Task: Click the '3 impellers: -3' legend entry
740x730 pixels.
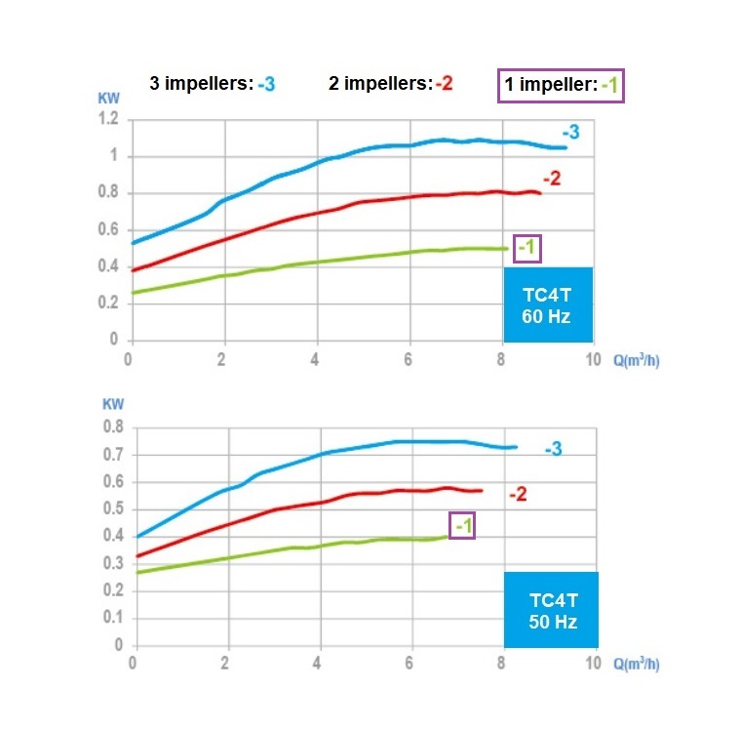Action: [212, 84]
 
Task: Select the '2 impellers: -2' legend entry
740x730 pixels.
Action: [390, 84]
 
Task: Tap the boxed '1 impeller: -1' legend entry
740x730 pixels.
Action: [560, 85]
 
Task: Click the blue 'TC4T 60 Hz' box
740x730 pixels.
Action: [548, 304]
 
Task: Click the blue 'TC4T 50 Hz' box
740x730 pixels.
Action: [551, 609]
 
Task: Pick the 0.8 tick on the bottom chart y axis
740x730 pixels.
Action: [114, 426]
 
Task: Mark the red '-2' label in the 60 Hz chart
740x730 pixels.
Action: [551, 178]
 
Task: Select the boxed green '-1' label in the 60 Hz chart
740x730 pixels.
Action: [526, 248]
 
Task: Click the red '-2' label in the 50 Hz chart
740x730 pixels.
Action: [518, 495]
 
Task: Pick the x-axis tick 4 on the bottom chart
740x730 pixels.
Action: [319, 663]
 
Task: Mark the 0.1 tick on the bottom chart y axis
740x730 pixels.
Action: [114, 618]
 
